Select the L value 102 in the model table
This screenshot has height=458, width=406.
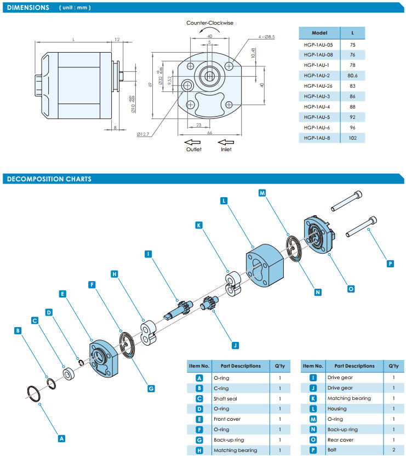pyautogui.click(x=352, y=138)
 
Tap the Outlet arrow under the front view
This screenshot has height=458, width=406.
pyautogui.click(x=193, y=142)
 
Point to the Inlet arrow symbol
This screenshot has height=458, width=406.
pyautogui.click(x=226, y=142)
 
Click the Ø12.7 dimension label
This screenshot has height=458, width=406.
pyautogui.click(x=144, y=133)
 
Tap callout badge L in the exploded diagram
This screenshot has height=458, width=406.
pyautogui.click(x=224, y=201)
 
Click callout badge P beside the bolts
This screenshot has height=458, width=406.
pyautogui.click(x=390, y=263)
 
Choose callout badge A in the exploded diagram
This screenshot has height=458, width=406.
pyautogui.click(x=61, y=438)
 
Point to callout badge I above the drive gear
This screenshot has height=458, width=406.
pyautogui.click(x=148, y=254)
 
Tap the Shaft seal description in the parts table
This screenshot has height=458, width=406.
pyautogui.click(x=225, y=398)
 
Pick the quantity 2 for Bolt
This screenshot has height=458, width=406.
pyautogui.click(x=393, y=450)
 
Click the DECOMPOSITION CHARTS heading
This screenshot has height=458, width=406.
pyautogui.click(x=48, y=179)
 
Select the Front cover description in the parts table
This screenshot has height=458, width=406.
pyautogui.click(x=227, y=419)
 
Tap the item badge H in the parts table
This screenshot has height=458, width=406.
pyautogui.click(x=200, y=450)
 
